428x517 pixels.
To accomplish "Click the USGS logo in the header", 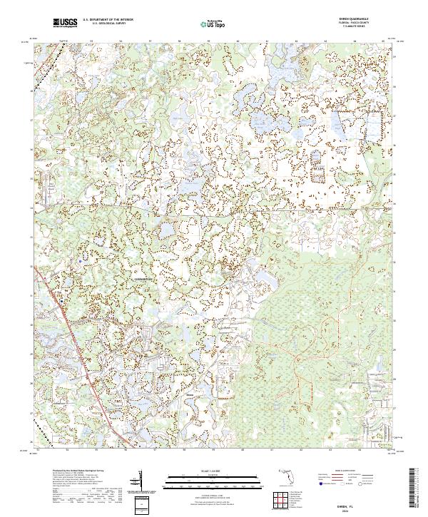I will pyautogui.click(x=65, y=23).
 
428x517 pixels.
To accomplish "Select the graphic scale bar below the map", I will pyautogui.click(x=213, y=478).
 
